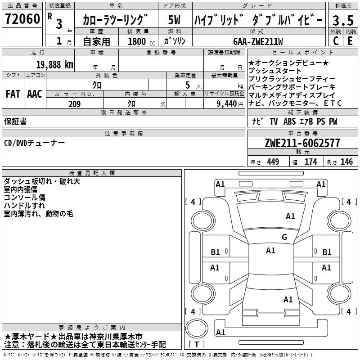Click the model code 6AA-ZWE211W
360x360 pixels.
click(x=258, y=41)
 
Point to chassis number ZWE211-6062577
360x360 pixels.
click(x=302, y=143)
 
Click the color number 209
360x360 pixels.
click(x=74, y=104)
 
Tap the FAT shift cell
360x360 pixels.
click(x=13, y=94)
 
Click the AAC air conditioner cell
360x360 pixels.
click(x=35, y=94)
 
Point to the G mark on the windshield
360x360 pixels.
click(x=284, y=237)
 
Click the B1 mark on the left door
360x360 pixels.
click(x=216, y=252)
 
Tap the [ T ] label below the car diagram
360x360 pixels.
click(x=197, y=345)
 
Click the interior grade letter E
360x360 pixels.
click(x=350, y=40)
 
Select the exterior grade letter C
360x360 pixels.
click(x=335, y=40)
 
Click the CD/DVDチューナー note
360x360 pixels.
click(x=35, y=143)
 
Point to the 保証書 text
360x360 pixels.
click(x=15, y=121)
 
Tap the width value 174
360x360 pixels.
click(x=311, y=162)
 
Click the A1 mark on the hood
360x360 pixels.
click(x=290, y=216)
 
